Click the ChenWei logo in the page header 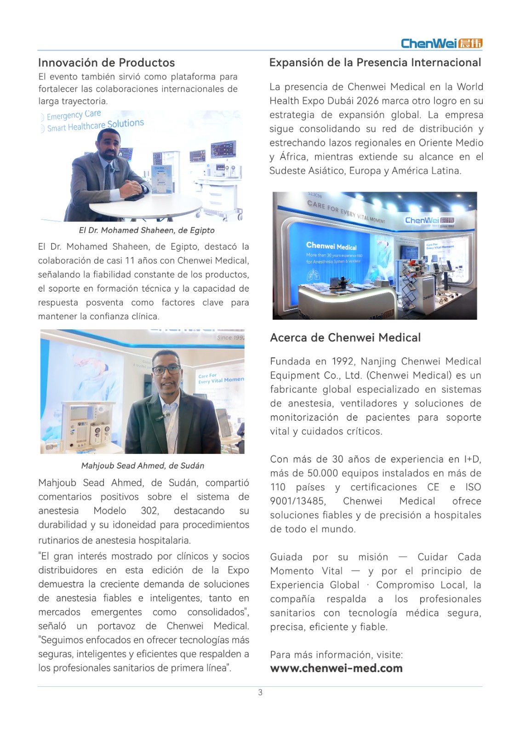pos(441,43)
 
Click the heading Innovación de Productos pos(106,62)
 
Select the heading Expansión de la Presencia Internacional pos(375,62)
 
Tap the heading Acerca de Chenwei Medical pos(345,338)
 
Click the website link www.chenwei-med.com pos(336,668)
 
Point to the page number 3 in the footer pos(260,692)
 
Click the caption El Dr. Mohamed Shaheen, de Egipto pos(147,230)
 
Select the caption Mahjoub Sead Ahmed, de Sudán pos(143,465)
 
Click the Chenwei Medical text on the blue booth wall pos(331,247)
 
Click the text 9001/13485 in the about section pos(297,501)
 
